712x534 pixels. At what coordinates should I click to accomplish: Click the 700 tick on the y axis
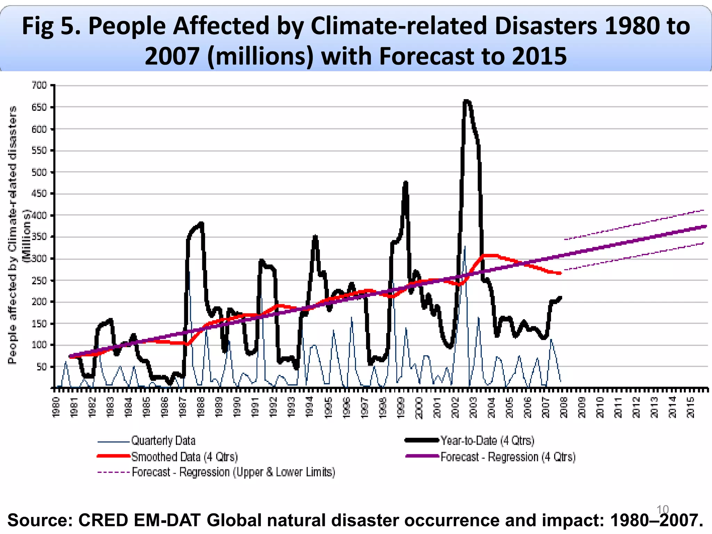39,85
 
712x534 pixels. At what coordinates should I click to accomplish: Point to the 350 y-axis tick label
39,237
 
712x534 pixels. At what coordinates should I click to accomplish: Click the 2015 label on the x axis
690,407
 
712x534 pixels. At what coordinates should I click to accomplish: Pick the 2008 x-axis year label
564,407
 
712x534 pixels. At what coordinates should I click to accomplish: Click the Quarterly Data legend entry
163,441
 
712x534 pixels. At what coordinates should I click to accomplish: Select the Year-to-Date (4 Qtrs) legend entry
487,440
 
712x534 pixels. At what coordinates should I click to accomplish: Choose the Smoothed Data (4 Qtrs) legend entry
184,456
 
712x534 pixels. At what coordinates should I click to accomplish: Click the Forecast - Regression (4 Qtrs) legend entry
508,456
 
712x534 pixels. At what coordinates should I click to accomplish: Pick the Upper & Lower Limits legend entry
233,472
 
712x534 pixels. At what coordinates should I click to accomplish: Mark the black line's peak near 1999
406,183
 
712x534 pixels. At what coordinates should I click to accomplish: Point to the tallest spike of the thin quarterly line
465,246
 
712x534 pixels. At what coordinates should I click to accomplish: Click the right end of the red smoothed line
560,274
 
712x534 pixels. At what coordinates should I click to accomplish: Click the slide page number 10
662,510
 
